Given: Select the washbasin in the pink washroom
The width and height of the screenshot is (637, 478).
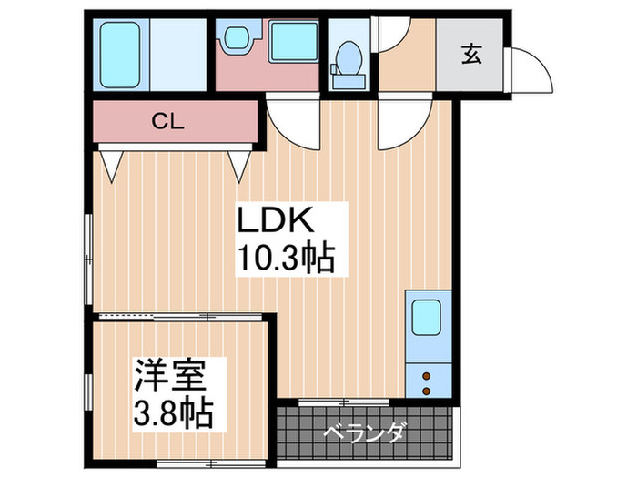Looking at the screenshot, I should [237, 39].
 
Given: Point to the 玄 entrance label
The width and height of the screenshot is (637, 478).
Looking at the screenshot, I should [471, 55].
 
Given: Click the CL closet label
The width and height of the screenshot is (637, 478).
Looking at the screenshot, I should [170, 121].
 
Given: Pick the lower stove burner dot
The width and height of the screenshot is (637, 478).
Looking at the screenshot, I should [425, 390].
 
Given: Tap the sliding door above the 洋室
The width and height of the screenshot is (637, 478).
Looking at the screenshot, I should [182, 316].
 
